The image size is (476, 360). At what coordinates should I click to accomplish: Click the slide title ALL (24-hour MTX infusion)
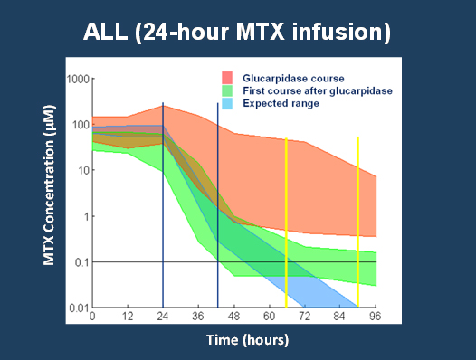coord(237,33)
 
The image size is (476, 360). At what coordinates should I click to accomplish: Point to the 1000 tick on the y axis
coord(77,79)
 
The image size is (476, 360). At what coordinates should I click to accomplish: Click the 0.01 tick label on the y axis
coord(76,308)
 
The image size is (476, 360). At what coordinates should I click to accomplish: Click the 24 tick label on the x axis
coord(163,318)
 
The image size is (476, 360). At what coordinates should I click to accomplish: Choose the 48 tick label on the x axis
coord(234,318)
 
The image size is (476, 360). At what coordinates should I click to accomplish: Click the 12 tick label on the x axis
coord(128,318)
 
